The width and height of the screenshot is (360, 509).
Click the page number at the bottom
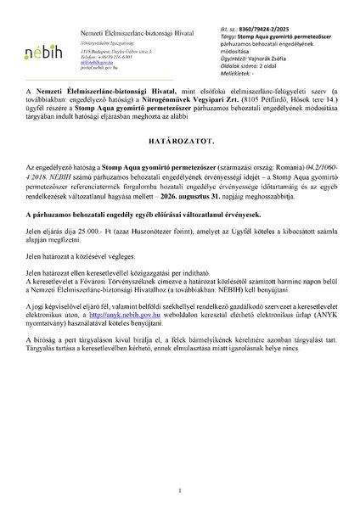[x=180, y=489]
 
